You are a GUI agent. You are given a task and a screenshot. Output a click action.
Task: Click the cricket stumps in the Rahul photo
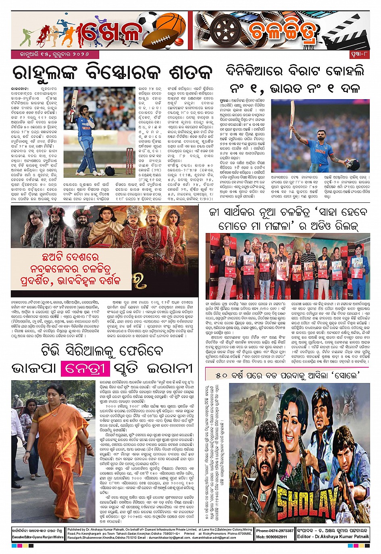(129, 161)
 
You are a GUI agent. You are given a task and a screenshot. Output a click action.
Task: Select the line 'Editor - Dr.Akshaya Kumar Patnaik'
(333, 537)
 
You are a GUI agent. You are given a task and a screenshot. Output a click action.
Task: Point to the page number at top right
(358, 54)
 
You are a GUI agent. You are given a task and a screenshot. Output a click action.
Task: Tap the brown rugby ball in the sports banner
(160, 40)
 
